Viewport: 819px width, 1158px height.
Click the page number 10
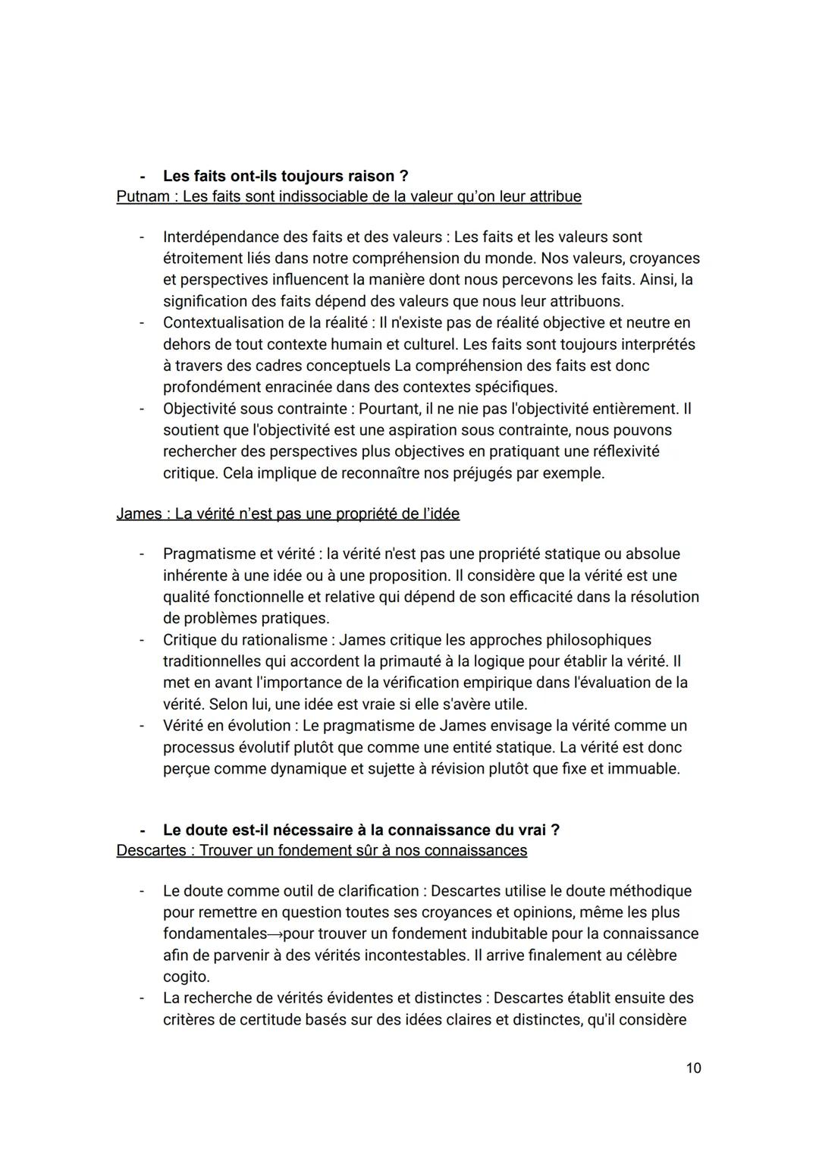693,1068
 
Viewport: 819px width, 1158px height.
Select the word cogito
186,977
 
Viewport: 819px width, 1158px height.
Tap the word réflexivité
615,452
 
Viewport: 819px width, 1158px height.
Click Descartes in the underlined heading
150,850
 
